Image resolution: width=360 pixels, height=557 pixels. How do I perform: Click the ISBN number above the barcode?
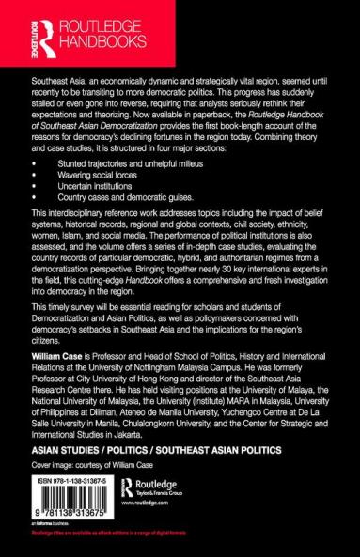pos(62,478)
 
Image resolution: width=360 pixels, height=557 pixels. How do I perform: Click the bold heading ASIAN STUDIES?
pos(55,449)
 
